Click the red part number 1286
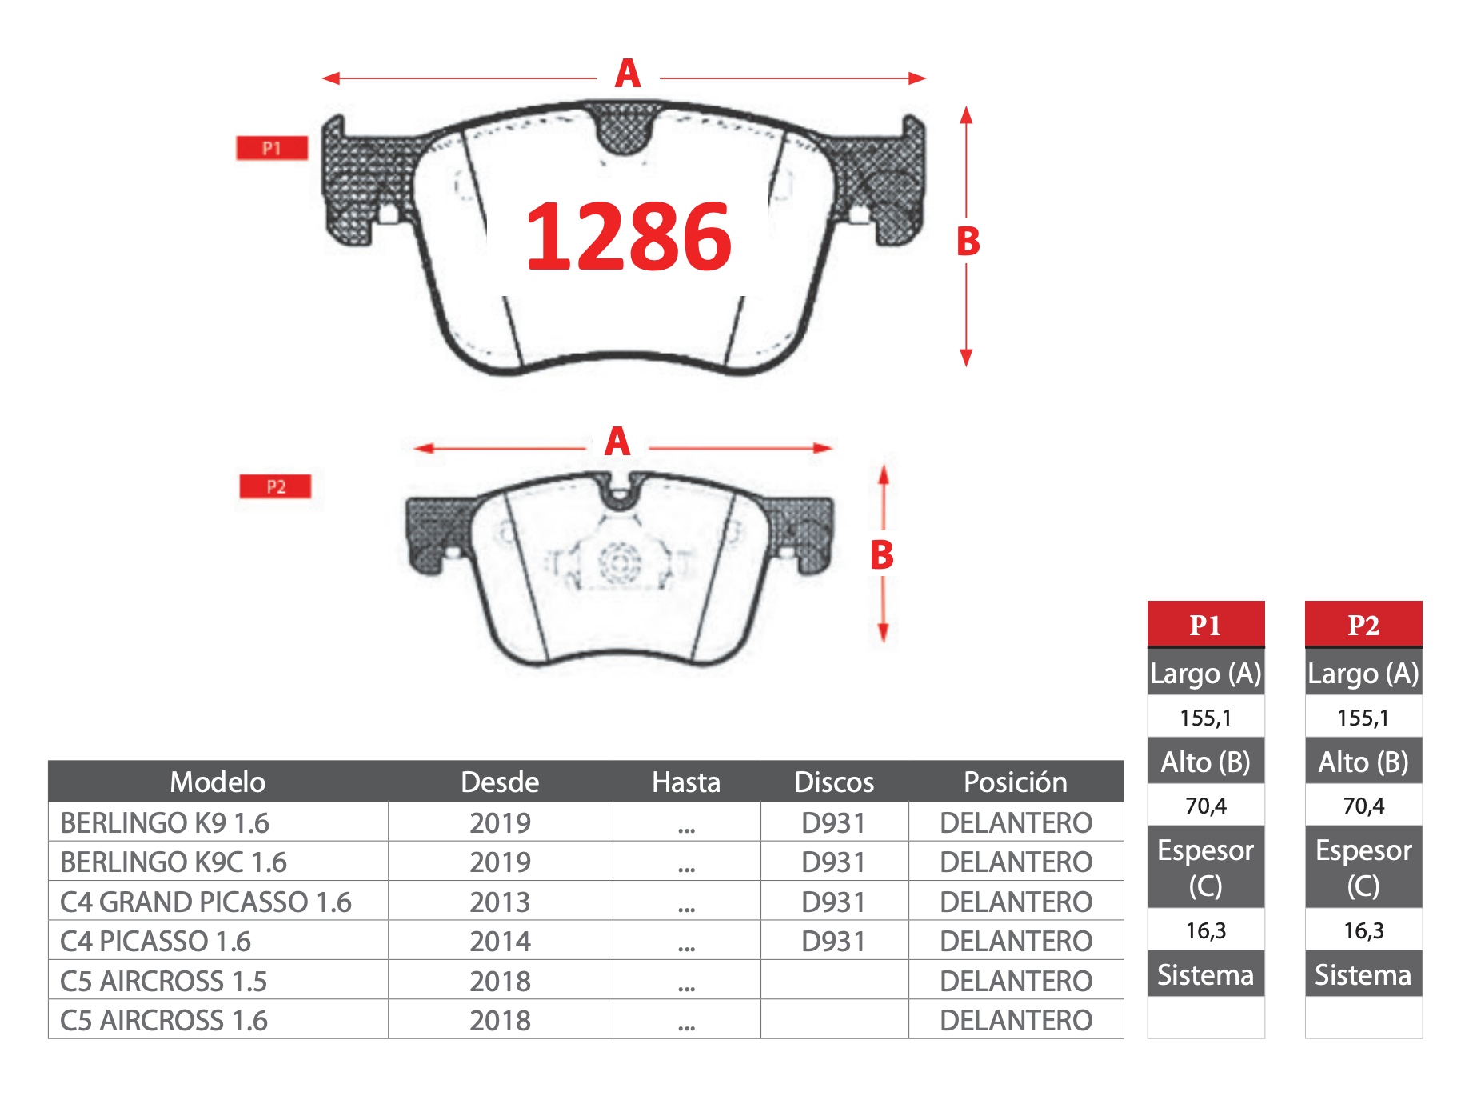tap(629, 236)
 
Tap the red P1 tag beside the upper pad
tap(272, 148)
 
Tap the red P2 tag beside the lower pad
tap(275, 486)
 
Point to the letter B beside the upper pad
tap(968, 241)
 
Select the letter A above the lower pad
tap(617, 442)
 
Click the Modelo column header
tap(218, 782)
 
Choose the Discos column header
tap(834, 782)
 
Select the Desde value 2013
tap(500, 902)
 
